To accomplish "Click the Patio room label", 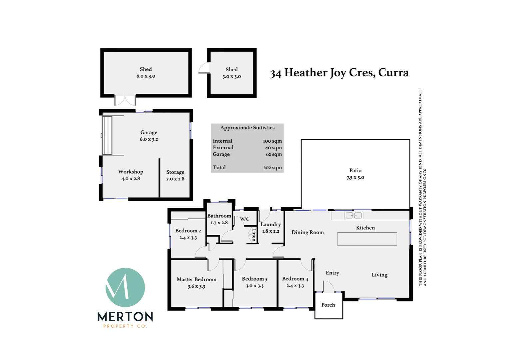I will [x=355, y=170].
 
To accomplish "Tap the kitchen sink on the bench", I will [x=353, y=216].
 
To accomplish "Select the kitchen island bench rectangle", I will [x=367, y=239].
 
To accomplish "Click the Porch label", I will [x=328, y=305].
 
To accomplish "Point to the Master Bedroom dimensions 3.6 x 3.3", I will [x=196, y=286].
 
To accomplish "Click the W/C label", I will [x=245, y=219].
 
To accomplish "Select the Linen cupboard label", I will [x=254, y=234].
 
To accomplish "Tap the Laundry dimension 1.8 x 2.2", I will [x=270, y=231].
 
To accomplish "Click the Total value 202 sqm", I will [x=272, y=168].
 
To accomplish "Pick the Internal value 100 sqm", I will [x=272, y=141].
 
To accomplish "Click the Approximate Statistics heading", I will [x=247, y=128].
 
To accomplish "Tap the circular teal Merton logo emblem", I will [x=125, y=287].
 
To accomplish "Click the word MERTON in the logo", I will [x=125, y=316].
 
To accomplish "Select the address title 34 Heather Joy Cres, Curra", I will [x=339, y=73].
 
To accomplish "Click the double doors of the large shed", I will [x=125, y=100].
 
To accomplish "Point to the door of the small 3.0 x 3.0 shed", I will [x=204, y=69].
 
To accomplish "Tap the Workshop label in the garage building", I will [x=131, y=172].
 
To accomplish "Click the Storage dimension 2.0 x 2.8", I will [x=175, y=179].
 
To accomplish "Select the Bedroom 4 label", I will [x=295, y=279].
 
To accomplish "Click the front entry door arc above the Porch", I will [x=329, y=287].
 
